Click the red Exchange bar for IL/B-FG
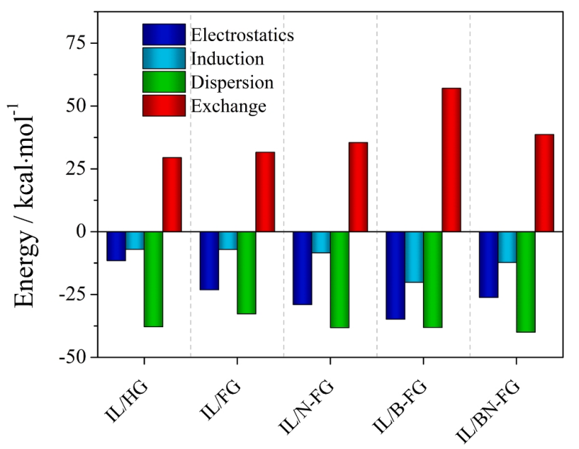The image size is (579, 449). click(451, 159)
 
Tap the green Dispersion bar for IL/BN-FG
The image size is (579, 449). click(525, 281)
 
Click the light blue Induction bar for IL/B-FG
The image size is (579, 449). click(414, 256)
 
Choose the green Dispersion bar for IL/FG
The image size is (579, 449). click(246, 272)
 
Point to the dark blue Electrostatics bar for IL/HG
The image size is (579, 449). click(116, 246)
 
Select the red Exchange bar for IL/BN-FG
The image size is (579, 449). click(544, 183)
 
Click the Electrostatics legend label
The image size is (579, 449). click(242, 35)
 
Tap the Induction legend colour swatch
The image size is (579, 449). click(164, 58)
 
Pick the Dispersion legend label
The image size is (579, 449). click(232, 82)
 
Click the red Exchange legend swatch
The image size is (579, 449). click(164, 106)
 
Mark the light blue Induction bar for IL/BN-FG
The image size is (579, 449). click(507, 246)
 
